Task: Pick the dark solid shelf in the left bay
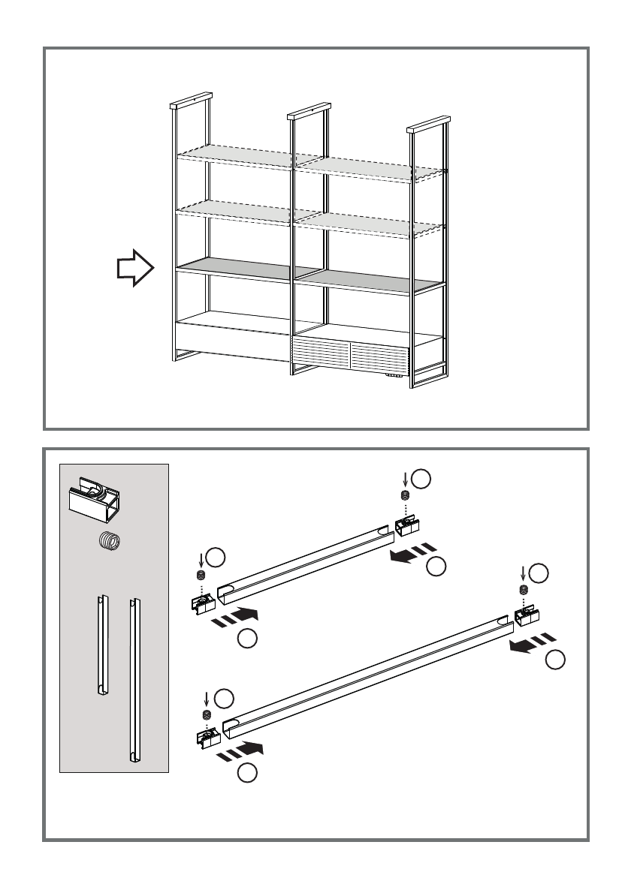pyautogui.click(x=234, y=267)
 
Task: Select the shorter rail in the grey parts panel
pyautogui.click(x=101, y=645)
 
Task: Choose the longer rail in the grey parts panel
pyautogui.click(x=134, y=679)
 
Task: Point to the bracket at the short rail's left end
pyautogui.click(x=201, y=604)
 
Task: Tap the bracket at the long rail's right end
pyautogui.click(x=527, y=617)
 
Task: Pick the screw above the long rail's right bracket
pyautogui.click(x=523, y=590)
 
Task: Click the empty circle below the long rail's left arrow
pyautogui.click(x=248, y=773)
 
